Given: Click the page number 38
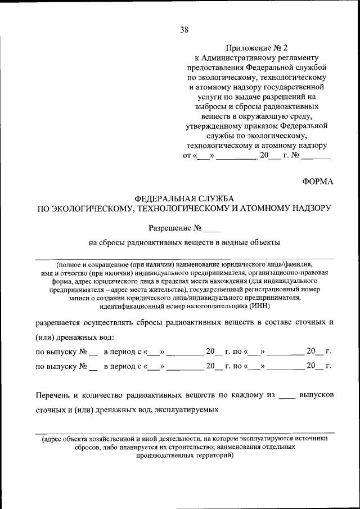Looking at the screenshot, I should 184,30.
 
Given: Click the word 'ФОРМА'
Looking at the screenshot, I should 318,181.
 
